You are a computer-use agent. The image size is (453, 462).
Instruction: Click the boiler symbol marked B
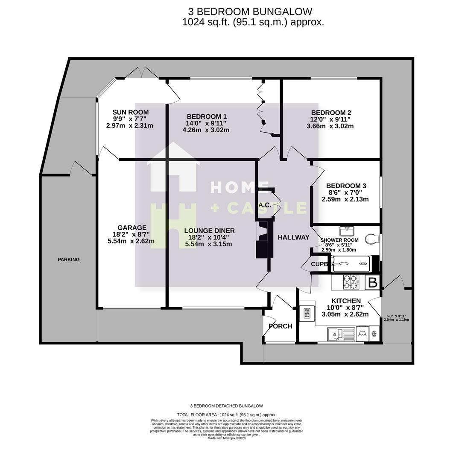[372, 283]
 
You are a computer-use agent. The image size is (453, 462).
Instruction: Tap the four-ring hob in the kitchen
[351, 282]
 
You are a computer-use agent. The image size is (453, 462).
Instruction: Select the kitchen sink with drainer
[341, 334]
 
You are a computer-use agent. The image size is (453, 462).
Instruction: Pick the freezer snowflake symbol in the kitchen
[374, 334]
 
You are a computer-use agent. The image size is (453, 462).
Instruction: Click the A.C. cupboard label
[265, 205]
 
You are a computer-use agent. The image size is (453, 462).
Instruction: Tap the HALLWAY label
[293, 237]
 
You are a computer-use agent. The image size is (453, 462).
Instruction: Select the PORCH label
[280, 326]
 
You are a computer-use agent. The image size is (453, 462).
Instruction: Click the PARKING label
[69, 259]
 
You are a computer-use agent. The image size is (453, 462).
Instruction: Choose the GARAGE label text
[132, 228]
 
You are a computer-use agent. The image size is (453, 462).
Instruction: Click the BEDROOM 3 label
[346, 186]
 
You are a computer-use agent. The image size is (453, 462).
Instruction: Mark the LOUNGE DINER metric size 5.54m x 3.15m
[208, 244]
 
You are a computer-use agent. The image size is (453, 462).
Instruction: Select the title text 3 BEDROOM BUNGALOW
[250, 12]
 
